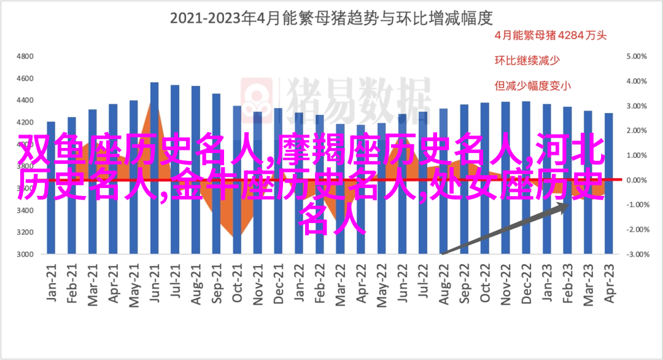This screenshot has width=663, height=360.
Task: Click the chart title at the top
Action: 331,18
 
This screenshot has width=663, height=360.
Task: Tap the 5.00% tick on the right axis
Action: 638,56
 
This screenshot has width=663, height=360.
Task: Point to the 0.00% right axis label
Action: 638,180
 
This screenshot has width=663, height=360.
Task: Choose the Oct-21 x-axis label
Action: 237,282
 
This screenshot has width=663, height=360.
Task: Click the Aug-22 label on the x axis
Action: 443,282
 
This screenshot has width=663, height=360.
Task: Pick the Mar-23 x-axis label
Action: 588,282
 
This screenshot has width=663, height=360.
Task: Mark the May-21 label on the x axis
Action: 134,282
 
